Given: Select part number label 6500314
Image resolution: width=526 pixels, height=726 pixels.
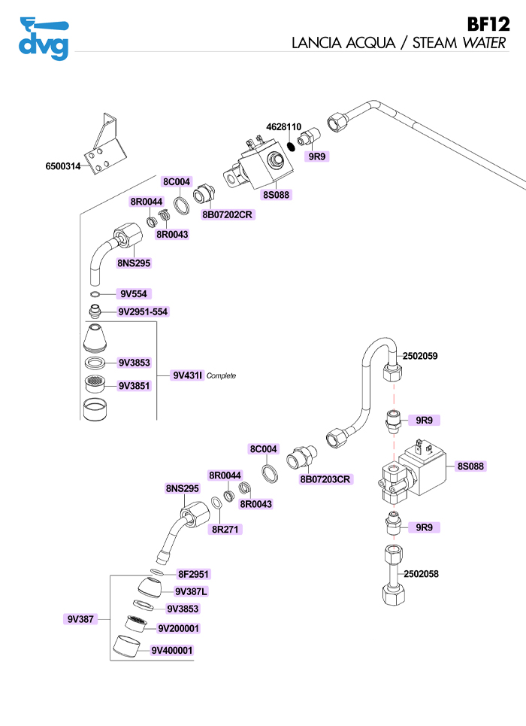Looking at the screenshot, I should (64, 165).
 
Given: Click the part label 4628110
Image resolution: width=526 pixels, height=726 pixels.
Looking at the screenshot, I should (284, 126).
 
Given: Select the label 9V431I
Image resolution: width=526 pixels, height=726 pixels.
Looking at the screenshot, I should (188, 375).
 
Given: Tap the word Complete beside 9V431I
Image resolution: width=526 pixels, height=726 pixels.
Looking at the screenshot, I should (221, 375).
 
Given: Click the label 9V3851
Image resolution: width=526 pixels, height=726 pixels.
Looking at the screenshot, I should (135, 386).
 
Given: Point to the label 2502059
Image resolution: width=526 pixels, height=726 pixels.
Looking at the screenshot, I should (421, 355).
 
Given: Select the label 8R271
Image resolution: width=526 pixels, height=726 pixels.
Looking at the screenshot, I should (224, 530).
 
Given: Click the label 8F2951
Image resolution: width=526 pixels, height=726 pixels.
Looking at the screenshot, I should (194, 574).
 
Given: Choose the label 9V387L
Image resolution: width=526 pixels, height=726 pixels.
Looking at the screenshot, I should (191, 591).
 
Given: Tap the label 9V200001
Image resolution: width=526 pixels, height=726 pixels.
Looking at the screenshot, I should (179, 628).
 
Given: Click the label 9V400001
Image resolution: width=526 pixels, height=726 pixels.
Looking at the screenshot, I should (172, 651).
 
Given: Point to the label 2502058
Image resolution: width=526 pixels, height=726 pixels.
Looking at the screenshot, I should (422, 574).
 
